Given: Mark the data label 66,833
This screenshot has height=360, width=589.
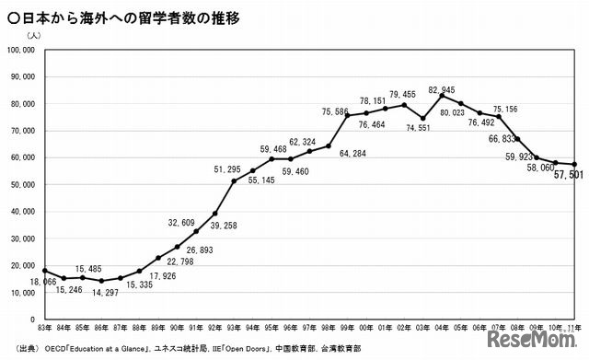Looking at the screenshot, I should click(x=502, y=138).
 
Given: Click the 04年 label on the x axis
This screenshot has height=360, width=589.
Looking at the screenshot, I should click(x=445, y=329).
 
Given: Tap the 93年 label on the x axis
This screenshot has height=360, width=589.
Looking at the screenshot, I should click(x=235, y=329).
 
